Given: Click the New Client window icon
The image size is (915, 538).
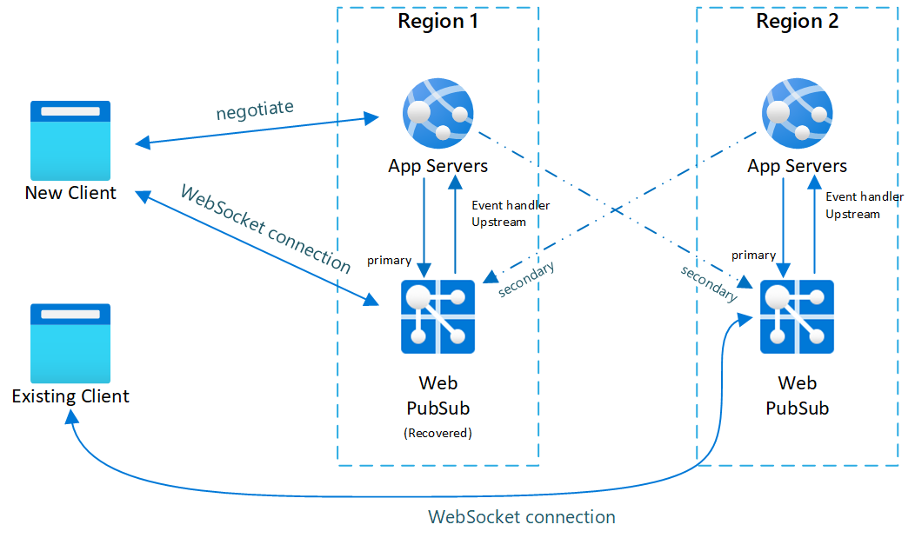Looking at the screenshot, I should coord(70,140).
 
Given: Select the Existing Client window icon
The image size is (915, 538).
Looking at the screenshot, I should coord(70,343).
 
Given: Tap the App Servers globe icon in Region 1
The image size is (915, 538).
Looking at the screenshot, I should coord(437,112).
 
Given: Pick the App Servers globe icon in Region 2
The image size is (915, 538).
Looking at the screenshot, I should coord(797,112).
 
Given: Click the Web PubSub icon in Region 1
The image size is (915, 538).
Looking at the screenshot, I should coord(437,316).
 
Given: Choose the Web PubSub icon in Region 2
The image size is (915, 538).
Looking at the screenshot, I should coord(797,316).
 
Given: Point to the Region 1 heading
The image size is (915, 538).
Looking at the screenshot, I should coord(437,22).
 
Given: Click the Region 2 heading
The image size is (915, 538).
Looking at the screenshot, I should coord(797,22).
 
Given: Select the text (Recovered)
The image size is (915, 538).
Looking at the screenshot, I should coord(437,433).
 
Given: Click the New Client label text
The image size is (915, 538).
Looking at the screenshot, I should coord(70,193).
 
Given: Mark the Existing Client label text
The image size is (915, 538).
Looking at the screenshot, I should coord(70,396).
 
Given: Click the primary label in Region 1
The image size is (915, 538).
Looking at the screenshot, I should coord(389,260).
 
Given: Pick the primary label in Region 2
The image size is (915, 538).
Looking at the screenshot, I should coord(753,255).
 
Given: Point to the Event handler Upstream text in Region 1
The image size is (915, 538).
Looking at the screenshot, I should coord(511,214).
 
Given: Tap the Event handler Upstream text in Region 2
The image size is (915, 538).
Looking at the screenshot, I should coord(865,205).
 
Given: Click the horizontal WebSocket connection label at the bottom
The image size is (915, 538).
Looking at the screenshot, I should coord(522,517).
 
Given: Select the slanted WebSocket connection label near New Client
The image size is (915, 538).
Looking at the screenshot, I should coord(264,229).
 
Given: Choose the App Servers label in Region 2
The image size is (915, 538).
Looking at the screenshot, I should coord(797,165).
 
